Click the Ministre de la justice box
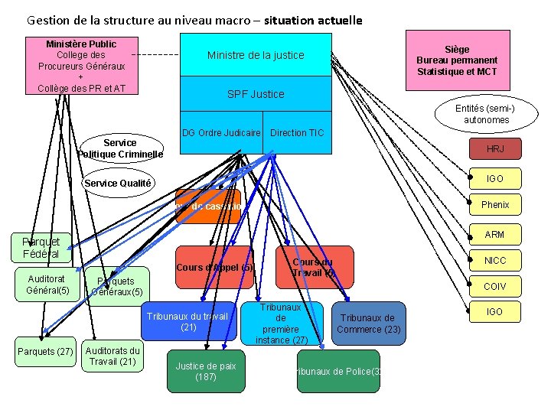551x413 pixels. click(256, 55)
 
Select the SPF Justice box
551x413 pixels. click(256, 94)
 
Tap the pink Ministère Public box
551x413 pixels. click(81, 66)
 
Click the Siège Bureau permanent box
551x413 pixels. click(457, 60)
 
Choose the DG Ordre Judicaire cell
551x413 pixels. click(221, 133)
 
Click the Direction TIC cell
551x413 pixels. click(298, 133)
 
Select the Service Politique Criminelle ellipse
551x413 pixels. click(121, 148)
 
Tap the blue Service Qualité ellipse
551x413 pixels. click(118, 184)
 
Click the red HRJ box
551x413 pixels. click(494, 149)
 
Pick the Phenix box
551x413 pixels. click(494, 205)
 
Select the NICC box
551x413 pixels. click(494, 261)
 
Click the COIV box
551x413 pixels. click(494, 287)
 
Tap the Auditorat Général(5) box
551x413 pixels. click(47, 285)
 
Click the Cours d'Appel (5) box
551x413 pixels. click(214, 268)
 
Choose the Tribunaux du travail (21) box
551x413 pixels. click(189, 322)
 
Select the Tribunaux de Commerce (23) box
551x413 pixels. click(367, 324)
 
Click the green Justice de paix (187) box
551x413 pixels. click(206, 372)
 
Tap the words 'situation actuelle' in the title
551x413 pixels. click(313, 21)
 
